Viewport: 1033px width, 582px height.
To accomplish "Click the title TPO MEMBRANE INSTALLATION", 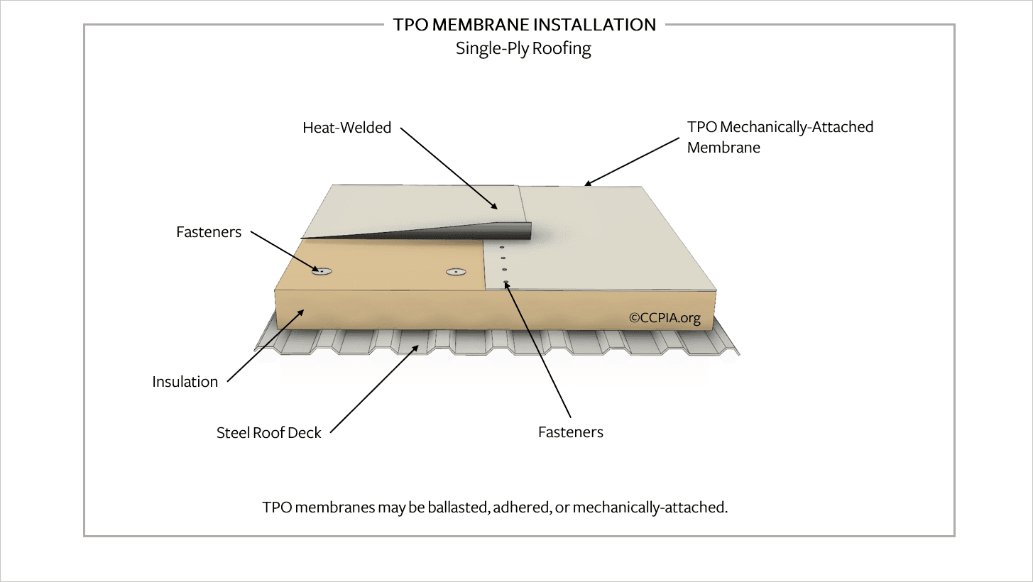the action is pyautogui.click(x=525, y=25).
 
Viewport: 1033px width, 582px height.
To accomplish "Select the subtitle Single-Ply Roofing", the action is pyautogui.click(x=523, y=48).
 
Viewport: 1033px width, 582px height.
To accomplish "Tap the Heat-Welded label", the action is pyautogui.click(x=346, y=127).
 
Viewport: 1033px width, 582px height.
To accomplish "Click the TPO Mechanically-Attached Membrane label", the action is pyautogui.click(x=780, y=137).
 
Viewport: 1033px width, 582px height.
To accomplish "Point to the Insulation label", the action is pyautogui.click(x=185, y=382).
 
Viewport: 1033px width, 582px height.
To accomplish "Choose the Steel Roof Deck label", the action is pyautogui.click(x=269, y=432).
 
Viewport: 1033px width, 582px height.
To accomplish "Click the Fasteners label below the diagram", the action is pyautogui.click(x=570, y=432).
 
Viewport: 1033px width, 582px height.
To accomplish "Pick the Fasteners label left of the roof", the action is pyautogui.click(x=209, y=232).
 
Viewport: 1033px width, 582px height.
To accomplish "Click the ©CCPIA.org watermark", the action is pyautogui.click(x=665, y=318).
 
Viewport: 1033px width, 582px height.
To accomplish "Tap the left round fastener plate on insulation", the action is pyautogui.click(x=322, y=271).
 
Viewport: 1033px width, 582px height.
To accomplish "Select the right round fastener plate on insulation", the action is pyautogui.click(x=456, y=272).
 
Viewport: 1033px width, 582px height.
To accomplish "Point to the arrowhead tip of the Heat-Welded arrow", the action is pyautogui.click(x=498, y=209).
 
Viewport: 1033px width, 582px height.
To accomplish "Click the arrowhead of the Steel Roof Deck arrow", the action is pyautogui.click(x=419, y=344).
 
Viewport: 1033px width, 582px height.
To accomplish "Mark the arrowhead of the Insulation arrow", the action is pyautogui.click(x=305, y=309).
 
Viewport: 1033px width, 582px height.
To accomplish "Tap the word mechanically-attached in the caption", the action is pyautogui.click(x=650, y=507).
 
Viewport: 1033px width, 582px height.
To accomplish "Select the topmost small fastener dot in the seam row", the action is pyautogui.click(x=502, y=247).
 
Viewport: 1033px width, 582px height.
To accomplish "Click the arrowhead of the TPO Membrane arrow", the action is pyautogui.click(x=584, y=185).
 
